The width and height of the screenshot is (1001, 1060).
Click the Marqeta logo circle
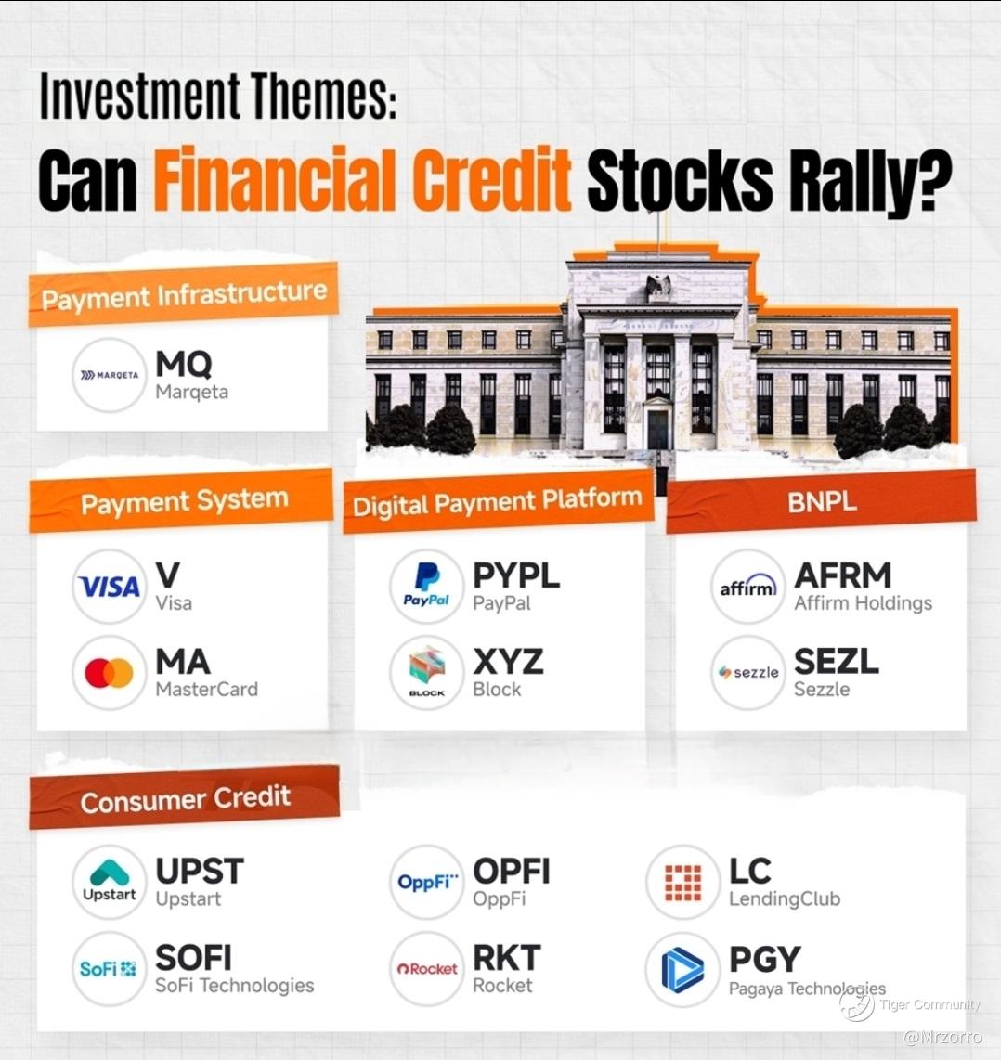pyautogui.click(x=109, y=375)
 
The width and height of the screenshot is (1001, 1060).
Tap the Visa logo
pyautogui.click(x=109, y=587)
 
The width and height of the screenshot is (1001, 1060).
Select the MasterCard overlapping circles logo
pyautogui.click(x=109, y=673)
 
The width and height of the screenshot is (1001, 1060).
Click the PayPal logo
pyautogui.click(x=426, y=586)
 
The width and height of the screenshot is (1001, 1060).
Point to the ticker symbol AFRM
pyautogui.click(x=843, y=576)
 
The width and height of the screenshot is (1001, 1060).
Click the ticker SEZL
pyautogui.click(x=837, y=661)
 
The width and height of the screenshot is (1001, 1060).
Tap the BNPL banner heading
pyautogui.click(x=822, y=502)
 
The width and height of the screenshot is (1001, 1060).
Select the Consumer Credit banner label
pyautogui.click(x=186, y=800)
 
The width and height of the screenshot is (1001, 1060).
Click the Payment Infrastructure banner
pyautogui.click(x=184, y=295)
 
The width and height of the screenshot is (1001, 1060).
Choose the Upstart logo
pyautogui.click(x=110, y=882)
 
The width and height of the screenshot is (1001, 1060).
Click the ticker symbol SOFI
pyautogui.click(x=193, y=958)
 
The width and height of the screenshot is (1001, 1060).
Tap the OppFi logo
pyautogui.click(x=427, y=882)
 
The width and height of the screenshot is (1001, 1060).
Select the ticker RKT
pyautogui.click(x=507, y=958)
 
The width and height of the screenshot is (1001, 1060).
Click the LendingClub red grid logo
pyautogui.click(x=683, y=882)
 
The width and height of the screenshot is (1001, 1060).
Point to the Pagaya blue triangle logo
pyautogui.click(x=682, y=970)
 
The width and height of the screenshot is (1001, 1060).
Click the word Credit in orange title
pyautogui.click(x=492, y=180)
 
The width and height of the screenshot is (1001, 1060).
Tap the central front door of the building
pyautogui.click(x=658, y=430)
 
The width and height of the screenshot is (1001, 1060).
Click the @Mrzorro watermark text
pyautogui.click(x=942, y=1037)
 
